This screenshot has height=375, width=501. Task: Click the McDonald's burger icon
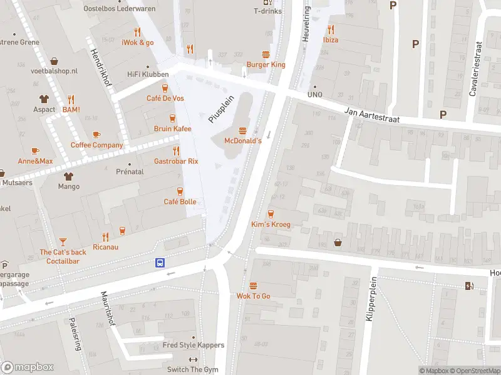(243, 130)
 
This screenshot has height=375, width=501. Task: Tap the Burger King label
(266, 64)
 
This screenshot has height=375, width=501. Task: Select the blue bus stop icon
(160, 263)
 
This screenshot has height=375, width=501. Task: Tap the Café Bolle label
(180, 201)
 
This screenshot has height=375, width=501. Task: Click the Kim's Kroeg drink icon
(271, 213)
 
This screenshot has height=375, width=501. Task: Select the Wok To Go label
(253, 296)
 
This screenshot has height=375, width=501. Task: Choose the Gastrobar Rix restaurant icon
(176, 150)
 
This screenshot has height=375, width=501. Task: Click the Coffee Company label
(96, 145)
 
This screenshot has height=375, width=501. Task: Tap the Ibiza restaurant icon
(331, 29)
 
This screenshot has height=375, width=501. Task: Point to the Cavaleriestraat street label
(475, 69)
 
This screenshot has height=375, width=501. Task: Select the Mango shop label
(68, 186)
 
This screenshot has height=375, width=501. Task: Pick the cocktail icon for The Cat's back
(63, 241)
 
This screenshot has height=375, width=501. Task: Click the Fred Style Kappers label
(193, 345)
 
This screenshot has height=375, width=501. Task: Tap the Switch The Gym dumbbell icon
(193, 359)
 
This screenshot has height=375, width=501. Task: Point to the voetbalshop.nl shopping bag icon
(54, 61)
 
